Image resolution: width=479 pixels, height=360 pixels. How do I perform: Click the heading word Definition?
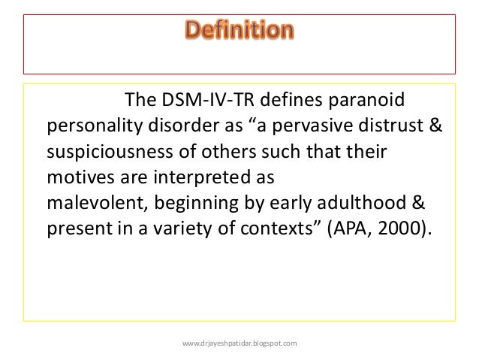click(239, 29)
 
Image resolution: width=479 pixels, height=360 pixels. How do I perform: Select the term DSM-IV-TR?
click(208, 99)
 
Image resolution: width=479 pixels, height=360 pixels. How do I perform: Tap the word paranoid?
click(366, 101)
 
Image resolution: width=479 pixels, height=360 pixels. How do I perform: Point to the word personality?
click(95, 126)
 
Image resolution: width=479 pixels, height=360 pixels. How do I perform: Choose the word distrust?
click(390, 125)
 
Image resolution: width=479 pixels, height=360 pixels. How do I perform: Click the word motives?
click(80, 177)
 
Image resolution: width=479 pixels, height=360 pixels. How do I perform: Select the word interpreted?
click(202, 178)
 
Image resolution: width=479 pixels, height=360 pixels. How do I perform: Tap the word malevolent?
click(95, 203)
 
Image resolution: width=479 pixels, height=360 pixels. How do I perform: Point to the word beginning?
click(196, 204)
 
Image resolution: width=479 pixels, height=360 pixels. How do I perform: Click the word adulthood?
click(362, 203)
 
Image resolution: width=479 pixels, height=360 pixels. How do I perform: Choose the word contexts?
click(276, 229)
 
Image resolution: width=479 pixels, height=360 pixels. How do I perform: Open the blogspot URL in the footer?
click(239, 343)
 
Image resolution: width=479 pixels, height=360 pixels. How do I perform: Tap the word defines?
click(291, 99)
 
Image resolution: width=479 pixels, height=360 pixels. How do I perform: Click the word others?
click(229, 151)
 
